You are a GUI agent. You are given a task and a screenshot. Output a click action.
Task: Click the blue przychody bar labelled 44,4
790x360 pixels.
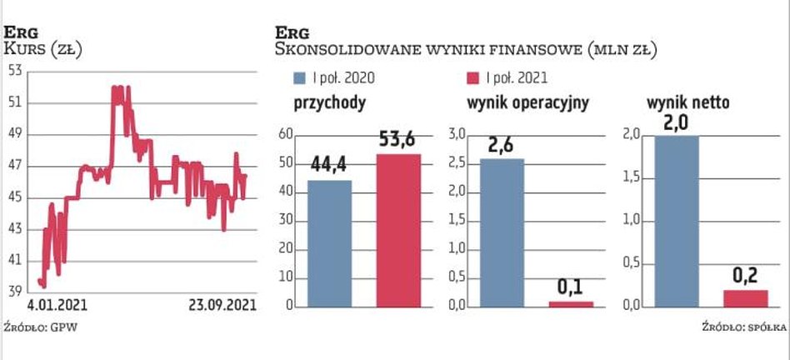pyautogui.click(x=329, y=243)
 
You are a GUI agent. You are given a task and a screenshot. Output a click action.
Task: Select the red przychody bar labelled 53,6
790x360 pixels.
pyautogui.click(x=399, y=231)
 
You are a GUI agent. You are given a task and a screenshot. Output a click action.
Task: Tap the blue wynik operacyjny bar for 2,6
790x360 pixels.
pyautogui.click(x=502, y=232)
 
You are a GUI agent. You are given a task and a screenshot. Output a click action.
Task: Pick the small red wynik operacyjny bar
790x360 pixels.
pyautogui.click(x=571, y=304)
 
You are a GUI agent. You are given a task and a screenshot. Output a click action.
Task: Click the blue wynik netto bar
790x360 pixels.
pyautogui.click(x=676, y=221)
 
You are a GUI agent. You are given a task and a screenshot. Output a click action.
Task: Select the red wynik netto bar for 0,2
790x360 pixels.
pyautogui.click(x=744, y=298)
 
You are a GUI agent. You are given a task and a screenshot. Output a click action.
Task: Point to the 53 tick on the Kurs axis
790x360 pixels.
pyautogui.click(x=14, y=71)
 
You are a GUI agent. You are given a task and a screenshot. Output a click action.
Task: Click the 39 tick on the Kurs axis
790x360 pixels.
pyautogui.click(x=14, y=292)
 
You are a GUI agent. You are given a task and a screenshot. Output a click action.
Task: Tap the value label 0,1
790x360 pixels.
pyautogui.click(x=571, y=287)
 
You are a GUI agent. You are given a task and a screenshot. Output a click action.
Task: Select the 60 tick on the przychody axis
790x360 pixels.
pyautogui.click(x=285, y=134)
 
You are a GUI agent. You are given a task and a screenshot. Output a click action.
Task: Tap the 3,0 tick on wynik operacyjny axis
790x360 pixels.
pyautogui.click(x=457, y=134)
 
